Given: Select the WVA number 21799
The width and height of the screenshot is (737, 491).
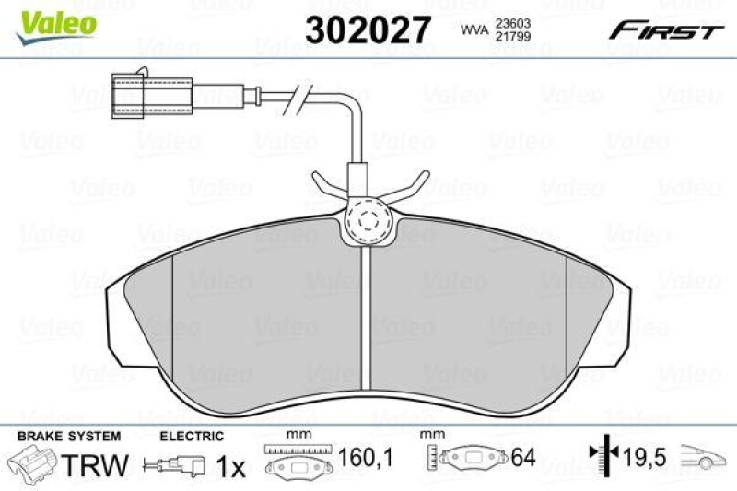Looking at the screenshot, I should tap(511, 39).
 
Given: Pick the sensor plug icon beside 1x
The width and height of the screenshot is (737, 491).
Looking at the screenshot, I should tap(175, 467).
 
